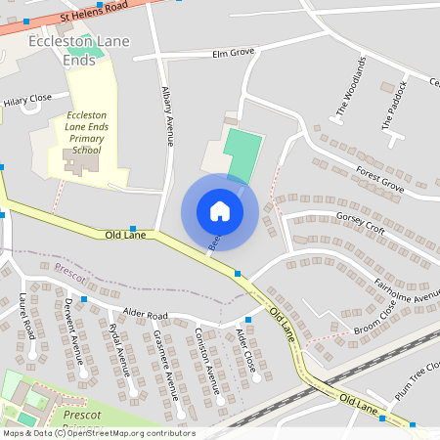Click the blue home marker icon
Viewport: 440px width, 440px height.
pos(220,211)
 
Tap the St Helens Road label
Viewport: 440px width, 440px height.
pos(93,16)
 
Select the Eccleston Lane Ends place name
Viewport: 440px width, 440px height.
pos(63,51)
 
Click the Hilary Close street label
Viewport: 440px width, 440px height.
pos(27,100)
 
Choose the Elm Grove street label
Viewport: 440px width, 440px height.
pos(233,52)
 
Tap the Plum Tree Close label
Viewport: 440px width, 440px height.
pos(414,375)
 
